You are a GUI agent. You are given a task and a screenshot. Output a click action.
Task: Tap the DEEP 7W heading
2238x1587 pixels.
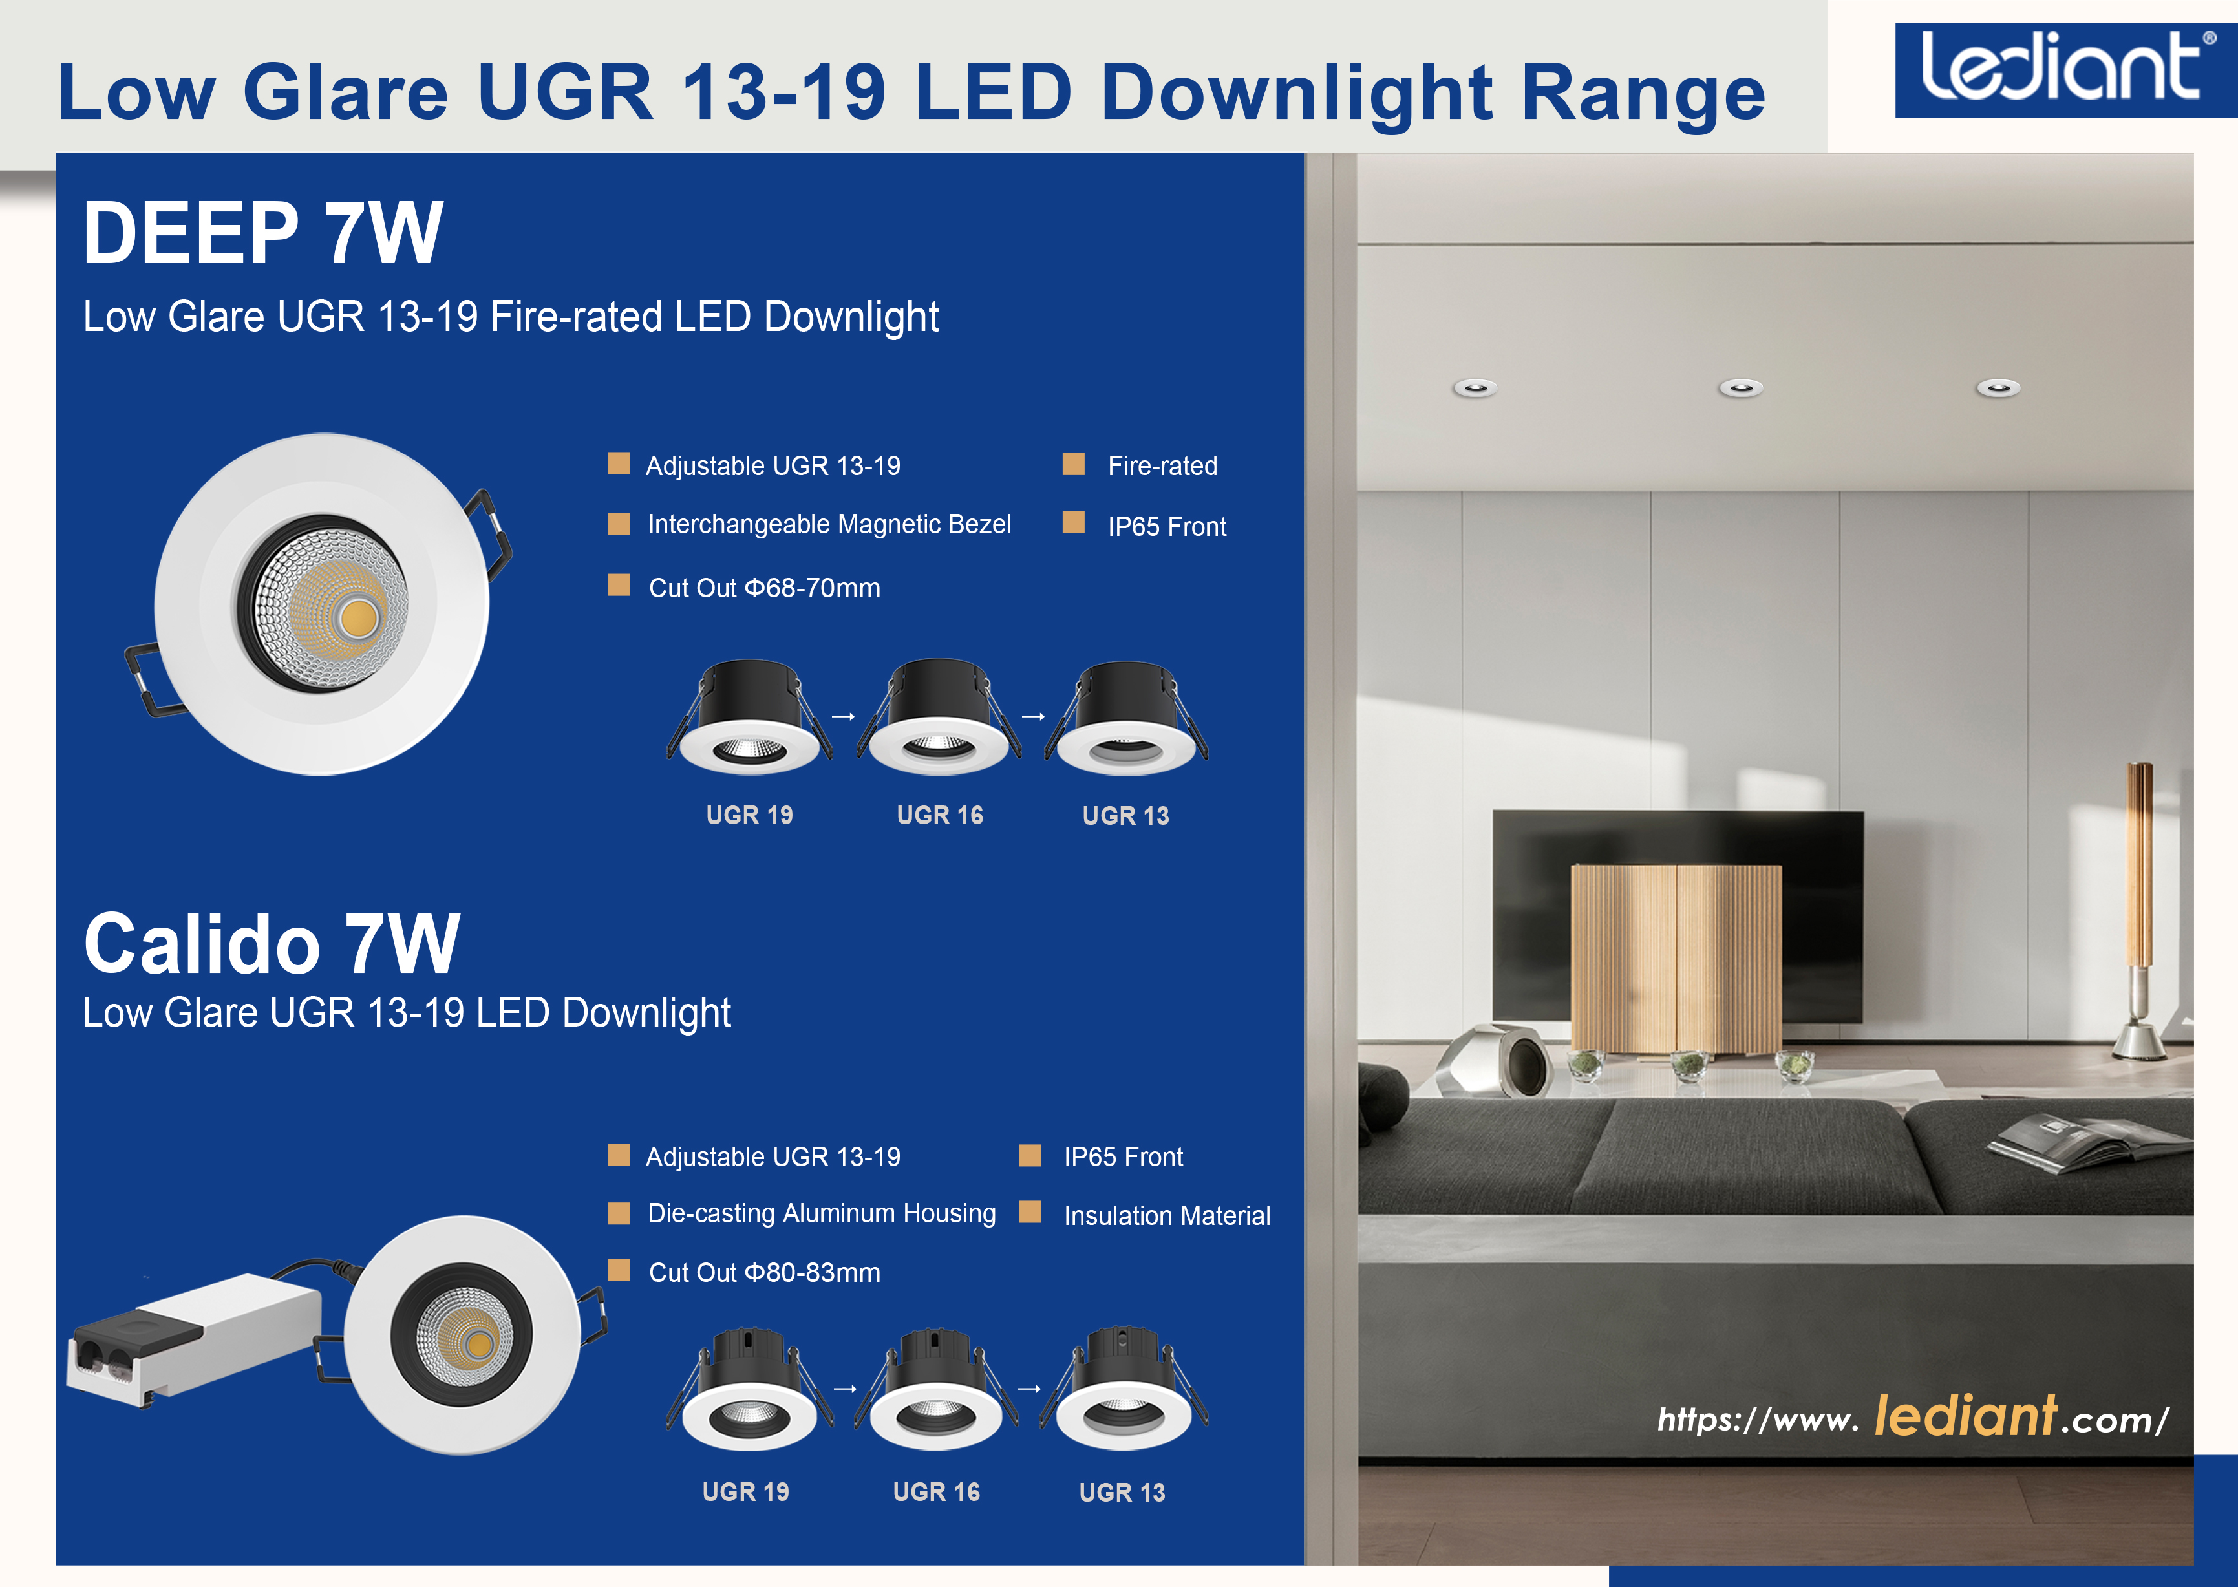point(264,233)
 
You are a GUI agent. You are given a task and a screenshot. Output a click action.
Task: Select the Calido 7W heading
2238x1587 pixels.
point(272,943)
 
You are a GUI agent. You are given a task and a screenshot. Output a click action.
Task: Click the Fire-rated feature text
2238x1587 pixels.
point(1162,466)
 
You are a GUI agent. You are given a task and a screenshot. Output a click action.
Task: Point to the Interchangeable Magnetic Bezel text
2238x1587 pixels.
point(829,525)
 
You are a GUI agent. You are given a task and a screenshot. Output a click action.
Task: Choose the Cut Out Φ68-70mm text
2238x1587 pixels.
point(764,588)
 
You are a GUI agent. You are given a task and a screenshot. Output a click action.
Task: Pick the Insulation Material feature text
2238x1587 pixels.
point(1167,1216)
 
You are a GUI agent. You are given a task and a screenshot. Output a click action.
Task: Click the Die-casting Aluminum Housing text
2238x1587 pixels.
point(822,1214)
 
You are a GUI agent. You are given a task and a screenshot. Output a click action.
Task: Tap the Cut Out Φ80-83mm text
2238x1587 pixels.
point(764,1272)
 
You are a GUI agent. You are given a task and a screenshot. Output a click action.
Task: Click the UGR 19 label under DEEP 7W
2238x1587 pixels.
point(750,815)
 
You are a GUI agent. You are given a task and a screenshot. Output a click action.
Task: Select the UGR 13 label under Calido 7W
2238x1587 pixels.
point(1122,1492)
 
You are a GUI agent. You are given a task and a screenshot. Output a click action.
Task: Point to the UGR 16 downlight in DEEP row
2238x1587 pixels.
point(939,718)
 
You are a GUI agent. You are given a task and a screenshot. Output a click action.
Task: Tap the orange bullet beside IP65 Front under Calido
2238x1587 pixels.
point(1030,1156)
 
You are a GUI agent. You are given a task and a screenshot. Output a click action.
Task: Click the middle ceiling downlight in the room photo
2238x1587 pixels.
point(1740,388)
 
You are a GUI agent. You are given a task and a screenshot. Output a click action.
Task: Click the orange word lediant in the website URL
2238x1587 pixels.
point(1965,1415)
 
